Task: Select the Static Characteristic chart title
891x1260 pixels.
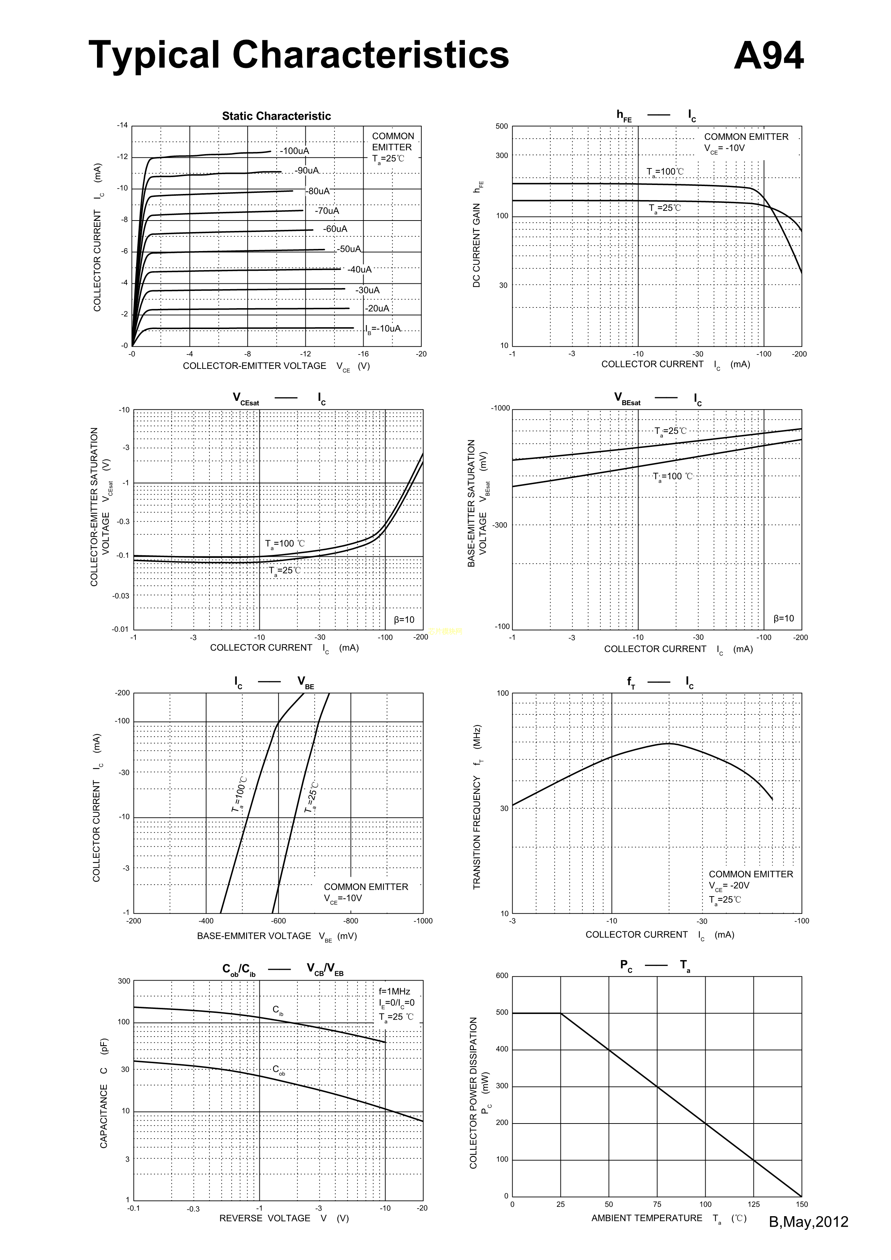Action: click(x=276, y=116)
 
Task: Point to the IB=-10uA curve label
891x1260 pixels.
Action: click(x=383, y=329)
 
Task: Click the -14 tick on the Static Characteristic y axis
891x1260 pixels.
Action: click(x=122, y=125)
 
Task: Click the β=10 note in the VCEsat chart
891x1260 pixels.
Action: click(x=404, y=620)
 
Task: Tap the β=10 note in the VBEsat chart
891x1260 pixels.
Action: click(x=784, y=619)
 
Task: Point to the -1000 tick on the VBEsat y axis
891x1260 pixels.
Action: click(x=500, y=408)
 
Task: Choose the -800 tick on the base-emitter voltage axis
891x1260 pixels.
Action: click(x=350, y=921)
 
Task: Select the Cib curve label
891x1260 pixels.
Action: click(x=278, y=1010)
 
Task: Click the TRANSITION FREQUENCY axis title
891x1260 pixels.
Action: click(x=476, y=807)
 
